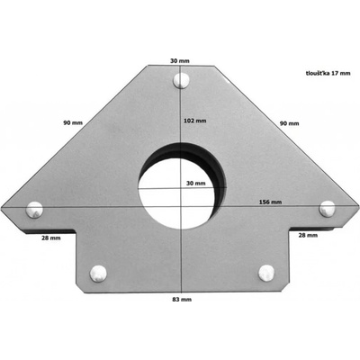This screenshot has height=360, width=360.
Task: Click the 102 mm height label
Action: (194, 121)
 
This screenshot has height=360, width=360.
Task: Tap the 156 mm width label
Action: (270, 202)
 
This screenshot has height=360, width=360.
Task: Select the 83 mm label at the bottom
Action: (182, 299)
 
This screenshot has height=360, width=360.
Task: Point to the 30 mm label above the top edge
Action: (180, 60)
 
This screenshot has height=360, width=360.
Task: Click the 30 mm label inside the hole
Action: (196, 183)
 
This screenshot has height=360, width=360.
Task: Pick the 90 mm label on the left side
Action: (73, 122)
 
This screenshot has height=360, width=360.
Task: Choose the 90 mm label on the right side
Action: (289, 123)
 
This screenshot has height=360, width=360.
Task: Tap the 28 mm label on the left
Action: (50, 238)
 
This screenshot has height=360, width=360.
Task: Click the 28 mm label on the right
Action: (308, 235)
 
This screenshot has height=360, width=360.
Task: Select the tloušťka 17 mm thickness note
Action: (328, 73)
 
